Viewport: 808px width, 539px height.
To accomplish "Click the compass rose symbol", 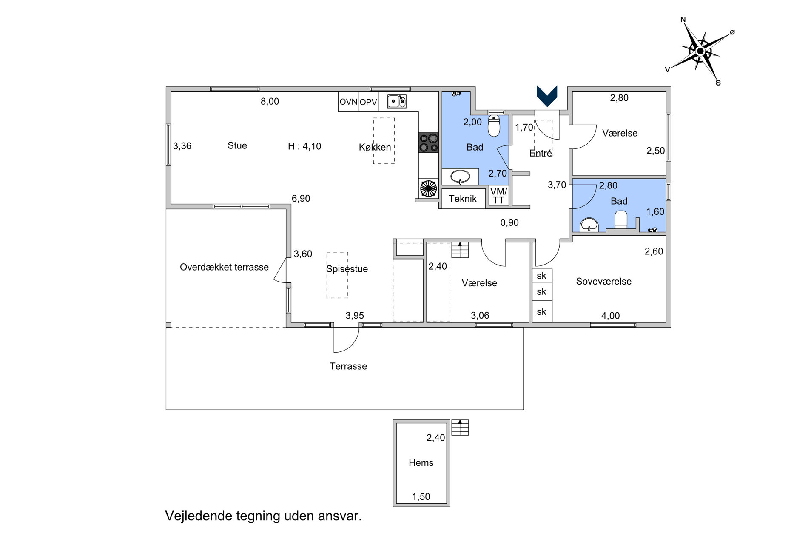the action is (700, 51).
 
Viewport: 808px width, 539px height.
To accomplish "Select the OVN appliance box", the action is (348, 102).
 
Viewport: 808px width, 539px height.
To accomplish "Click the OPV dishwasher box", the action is (368, 102).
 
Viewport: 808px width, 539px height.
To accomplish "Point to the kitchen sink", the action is (396, 101).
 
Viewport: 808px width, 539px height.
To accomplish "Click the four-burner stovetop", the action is (428, 143).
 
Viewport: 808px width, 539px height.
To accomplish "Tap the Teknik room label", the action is (463, 199).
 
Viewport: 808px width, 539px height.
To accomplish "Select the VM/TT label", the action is (498, 196).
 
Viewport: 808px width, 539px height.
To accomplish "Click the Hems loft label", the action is (421, 463).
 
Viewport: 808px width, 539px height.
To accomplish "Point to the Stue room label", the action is (237, 145).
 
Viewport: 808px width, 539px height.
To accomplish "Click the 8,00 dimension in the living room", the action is (270, 101).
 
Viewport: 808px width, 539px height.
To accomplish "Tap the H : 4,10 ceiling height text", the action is (304, 146).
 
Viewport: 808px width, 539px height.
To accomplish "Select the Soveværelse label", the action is (604, 281).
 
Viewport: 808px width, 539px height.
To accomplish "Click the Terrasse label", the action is (348, 366).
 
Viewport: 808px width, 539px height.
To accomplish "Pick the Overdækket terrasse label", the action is (224, 267).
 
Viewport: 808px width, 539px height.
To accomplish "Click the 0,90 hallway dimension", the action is (509, 222).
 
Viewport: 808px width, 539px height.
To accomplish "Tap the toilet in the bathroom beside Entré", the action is (494, 125).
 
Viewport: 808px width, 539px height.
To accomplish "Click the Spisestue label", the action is (347, 269).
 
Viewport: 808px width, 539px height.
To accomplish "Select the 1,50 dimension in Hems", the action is (421, 496).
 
